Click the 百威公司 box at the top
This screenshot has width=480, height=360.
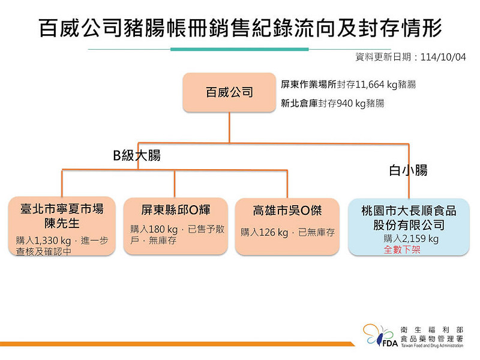tap(229, 92)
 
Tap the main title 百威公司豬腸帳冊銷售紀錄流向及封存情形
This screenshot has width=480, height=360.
tap(241, 28)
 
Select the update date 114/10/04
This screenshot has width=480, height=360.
tap(443, 57)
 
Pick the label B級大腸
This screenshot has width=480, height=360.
tap(137, 155)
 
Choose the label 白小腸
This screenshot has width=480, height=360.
tap(408, 170)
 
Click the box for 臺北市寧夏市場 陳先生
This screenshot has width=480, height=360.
tap(62, 226)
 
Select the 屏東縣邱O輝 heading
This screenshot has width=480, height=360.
tap(175, 210)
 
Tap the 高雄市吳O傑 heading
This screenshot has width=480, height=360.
tap(287, 211)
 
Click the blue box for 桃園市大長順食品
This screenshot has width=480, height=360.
tap(409, 227)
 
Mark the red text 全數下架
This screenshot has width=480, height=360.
tap(402, 250)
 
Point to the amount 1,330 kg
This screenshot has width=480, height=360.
tap(52, 241)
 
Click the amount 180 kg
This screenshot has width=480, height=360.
tap(163, 229)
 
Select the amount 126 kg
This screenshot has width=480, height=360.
tap(274, 233)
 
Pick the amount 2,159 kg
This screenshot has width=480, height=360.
tap(421, 238)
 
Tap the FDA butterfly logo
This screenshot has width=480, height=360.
tap(380, 335)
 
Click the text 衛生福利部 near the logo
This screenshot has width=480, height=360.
tap(431, 330)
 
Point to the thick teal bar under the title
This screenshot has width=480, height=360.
tap(239, 49)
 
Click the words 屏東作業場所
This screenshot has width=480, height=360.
tap(308, 85)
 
